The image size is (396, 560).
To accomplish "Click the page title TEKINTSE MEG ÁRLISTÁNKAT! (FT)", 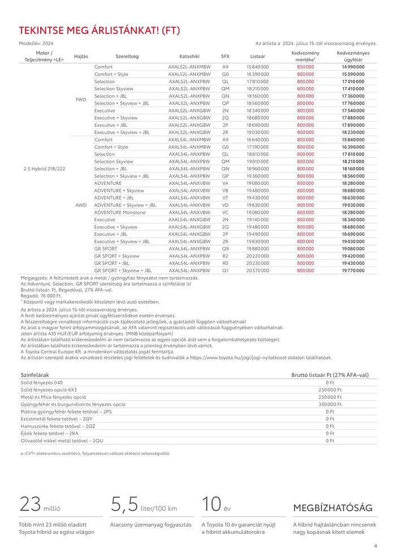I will click(x=100, y=31).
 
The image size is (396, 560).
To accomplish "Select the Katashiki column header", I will click(x=189, y=57).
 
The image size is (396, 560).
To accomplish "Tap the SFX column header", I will click(x=225, y=57).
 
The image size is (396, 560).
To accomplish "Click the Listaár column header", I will click(x=257, y=57).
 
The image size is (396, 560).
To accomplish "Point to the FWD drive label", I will click(x=81, y=100).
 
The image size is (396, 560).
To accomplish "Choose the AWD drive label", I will click(x=81, y=205).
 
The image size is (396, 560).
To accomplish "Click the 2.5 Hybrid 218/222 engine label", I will click(x=44, y=169).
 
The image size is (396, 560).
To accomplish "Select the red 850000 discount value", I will click(x=305, y=67).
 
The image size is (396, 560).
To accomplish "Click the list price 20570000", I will click(x=258, y=270).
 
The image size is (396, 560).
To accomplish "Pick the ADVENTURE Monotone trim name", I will click(x=120, y=212).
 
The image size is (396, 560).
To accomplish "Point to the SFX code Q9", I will click(x=225, y=248).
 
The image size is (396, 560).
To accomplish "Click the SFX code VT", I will click(x=225, y=197).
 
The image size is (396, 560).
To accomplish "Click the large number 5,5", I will click(x=124, y=503).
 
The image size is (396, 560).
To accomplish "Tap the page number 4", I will click(x=375, y=546).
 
